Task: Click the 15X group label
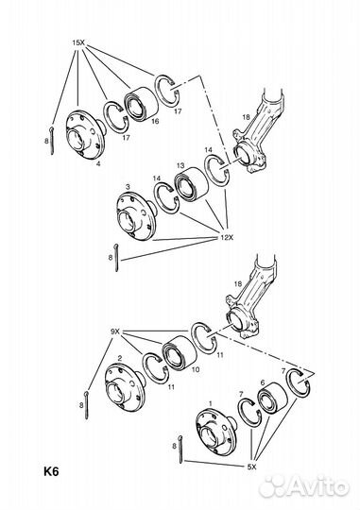pyautogui.click(x=78, y=42)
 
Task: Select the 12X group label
pyautogui.click(x=226, y=237)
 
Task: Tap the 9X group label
pyautogui.click(x=115, y=331)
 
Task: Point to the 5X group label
pyautogui.click(x=251, y=467)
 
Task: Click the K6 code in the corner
pyautogui.click(x=51, y=471)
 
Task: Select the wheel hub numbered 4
pyautogui.click(x=85, y=134)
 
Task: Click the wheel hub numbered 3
pyautogui.click(x=137, y=215)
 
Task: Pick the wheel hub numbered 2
pyautogui.click(x=126, y=387)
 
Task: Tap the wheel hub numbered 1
pyautogui.click(x=216, y=433)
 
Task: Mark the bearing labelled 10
pyautogui.click(x=180, y=352)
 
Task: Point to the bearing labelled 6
pyautogui.click(x=272, y=397)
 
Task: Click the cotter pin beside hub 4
pyautogui.click(x=52, y=140)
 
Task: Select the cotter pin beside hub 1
pyautogui.click(x=181, y=449)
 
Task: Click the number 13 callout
pyautogui.click(x=180, y=166)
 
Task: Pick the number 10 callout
pyautogui.click(x=196, y=370)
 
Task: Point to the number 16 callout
pyautogui.click(x=155, y=121)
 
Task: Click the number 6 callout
pyautogui.click(x=263, y=382)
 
